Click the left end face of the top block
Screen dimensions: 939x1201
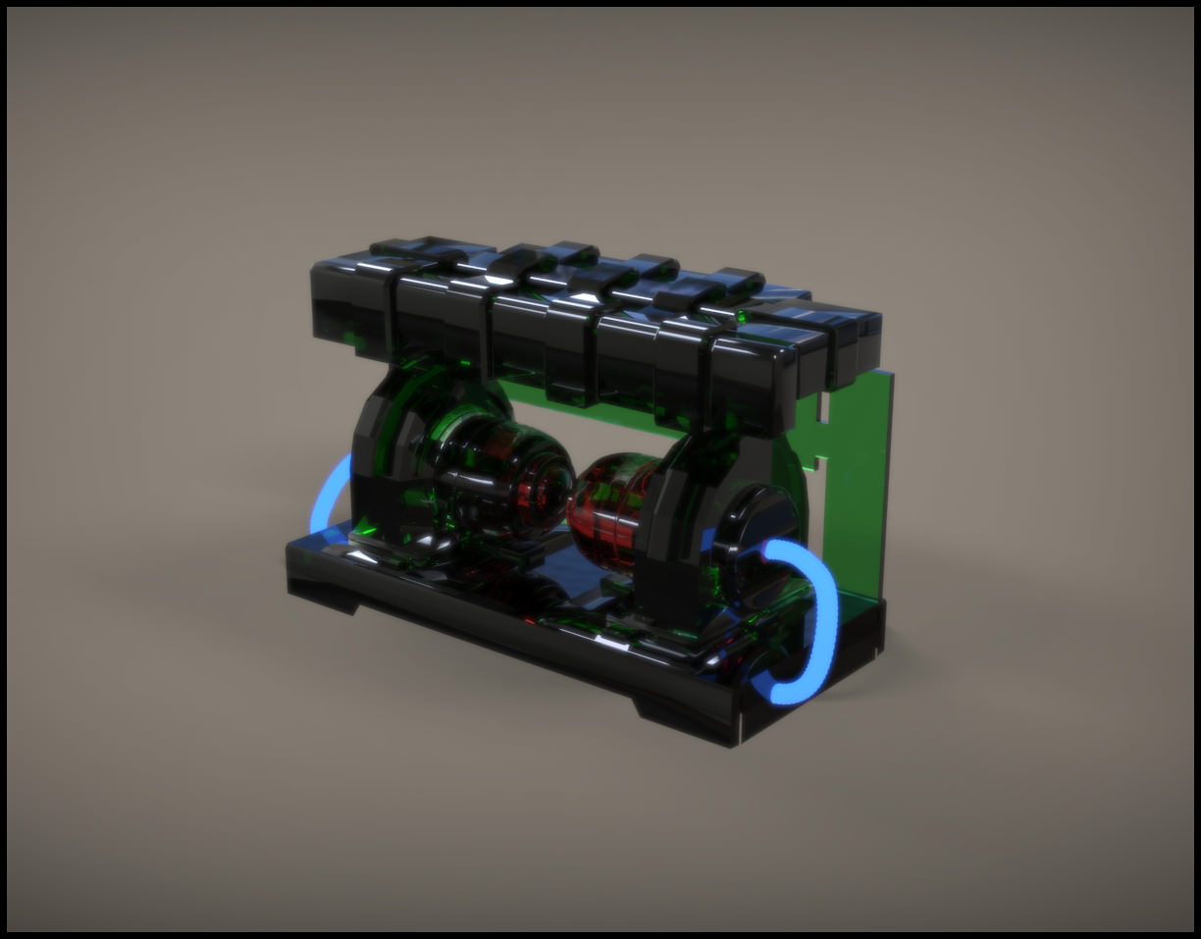click(334, 304)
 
